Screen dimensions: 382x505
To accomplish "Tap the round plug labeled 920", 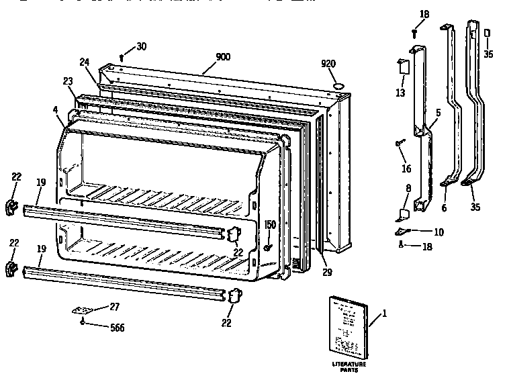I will [338, 87].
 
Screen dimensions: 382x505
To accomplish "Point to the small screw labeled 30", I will [121, 58].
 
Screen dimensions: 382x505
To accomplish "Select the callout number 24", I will [84, 62].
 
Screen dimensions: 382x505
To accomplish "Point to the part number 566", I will [117, 328].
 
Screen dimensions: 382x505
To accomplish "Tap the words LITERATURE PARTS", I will [349, 367].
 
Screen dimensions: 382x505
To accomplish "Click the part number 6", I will [443, 208].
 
